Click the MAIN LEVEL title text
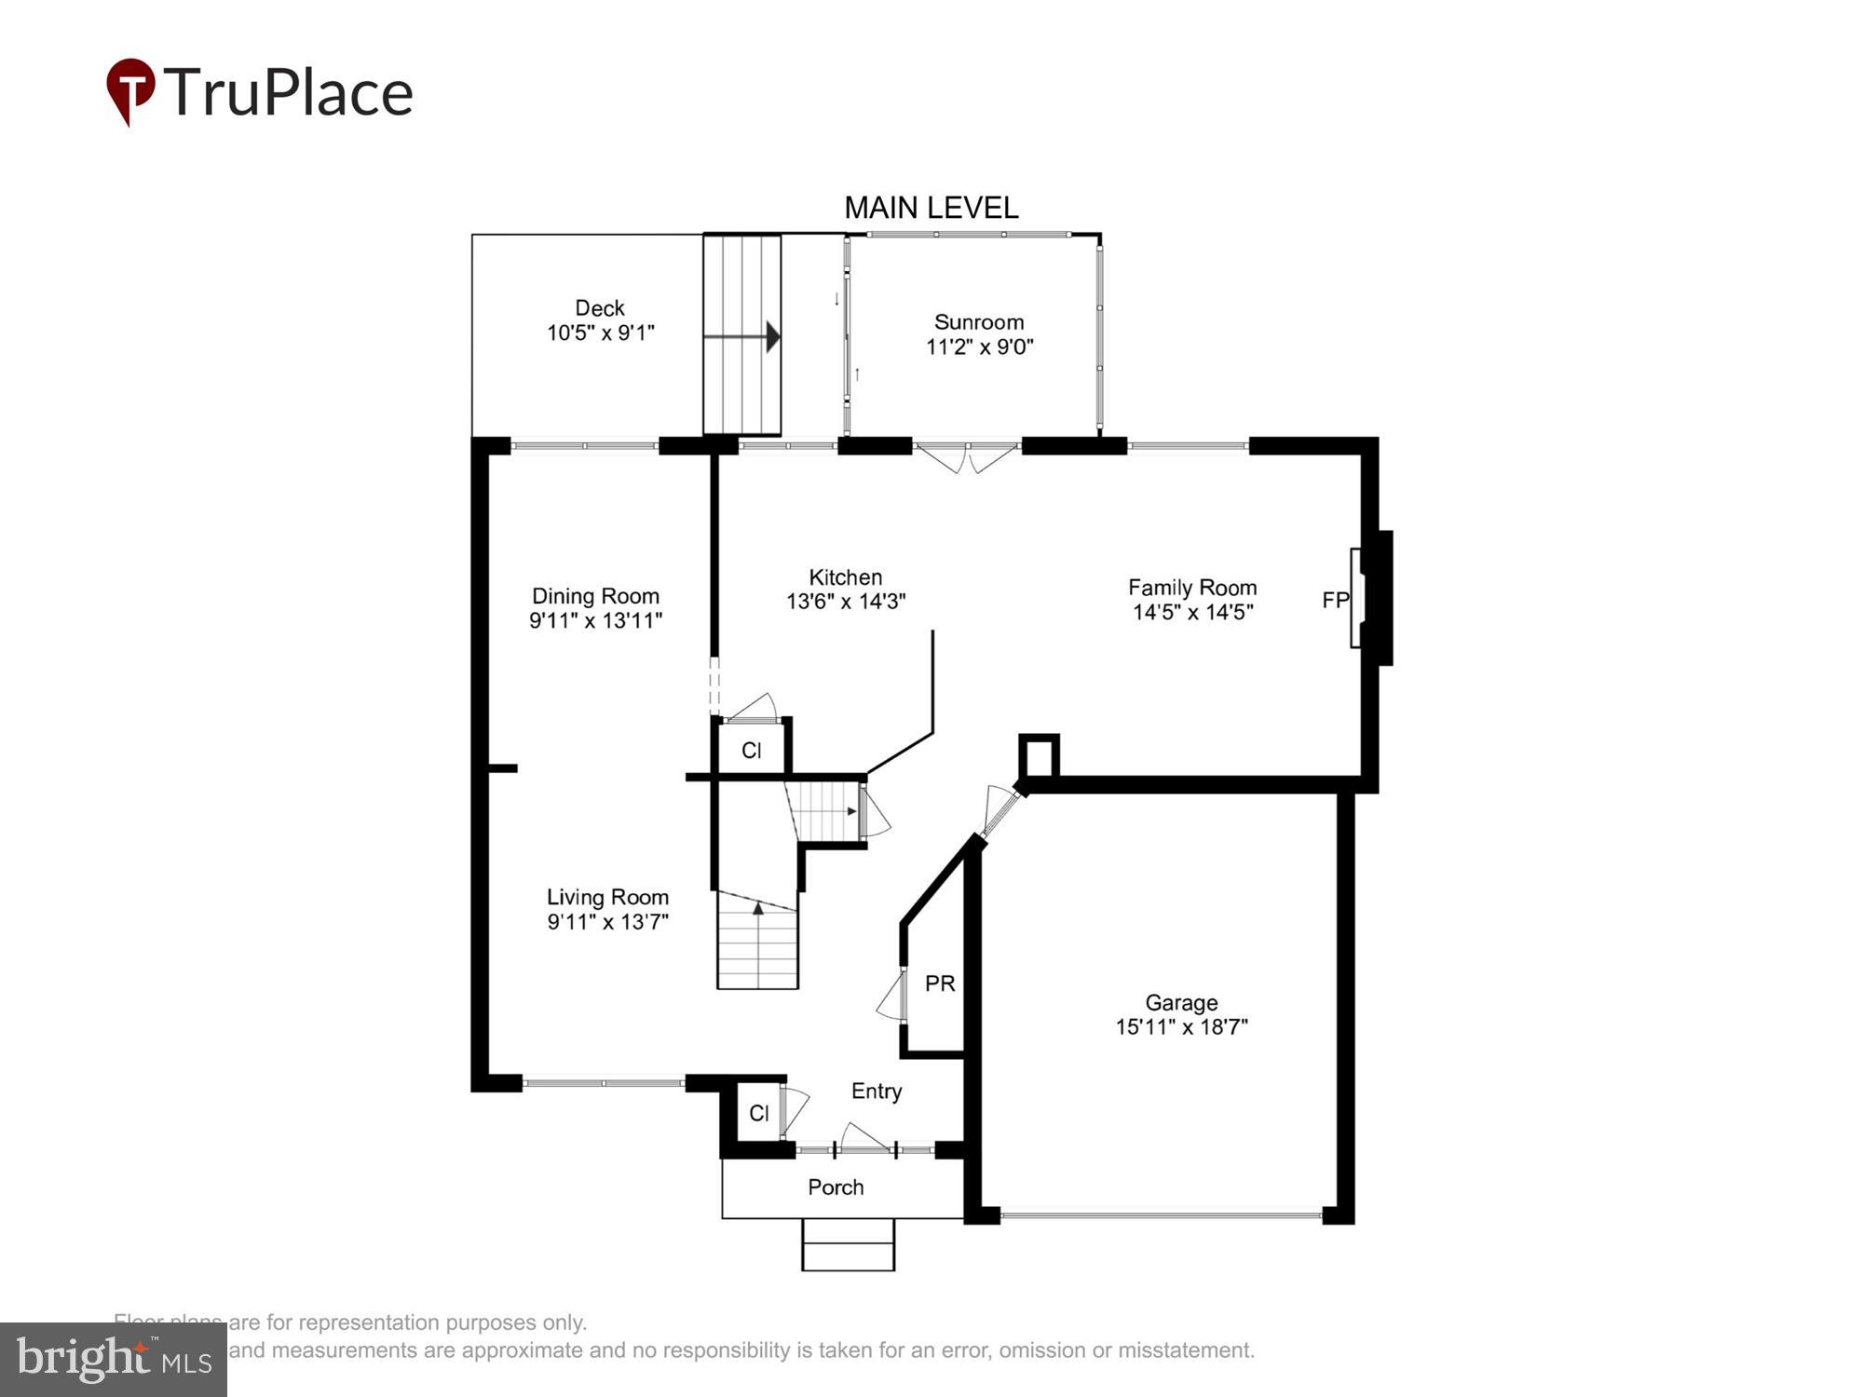pyautogui.click(x=931, y=208)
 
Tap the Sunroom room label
pyautogui.click(x=979, y=322)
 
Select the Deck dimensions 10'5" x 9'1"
pyautogui.click(x=601, y=332)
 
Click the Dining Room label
pyautogui.click(x=595, y=596)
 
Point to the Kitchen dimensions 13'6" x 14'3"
pyautogui.click(x=846, y=602)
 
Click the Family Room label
pyautogui.click(x=1192, y=588)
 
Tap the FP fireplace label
pyautogui.click(x=1335, y=601)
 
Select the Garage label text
pyautogui.click(x=1181, y=1003)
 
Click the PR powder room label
pyautogui.click(x=940, y=983)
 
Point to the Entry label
pyautogui.click(x=877, y=1092)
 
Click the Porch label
pyautogui.click(x=836, y=1187)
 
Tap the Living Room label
pyautogui.click(x=607, y=897)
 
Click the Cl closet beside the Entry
pyautogui.click(x=759, y=1113)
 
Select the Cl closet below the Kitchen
pyautogui.click(x=752, y=751)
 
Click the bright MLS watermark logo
pyautogui.click(x=113, y=1360)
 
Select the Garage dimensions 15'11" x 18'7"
pyautogui.click(x=1181, y=1027)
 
